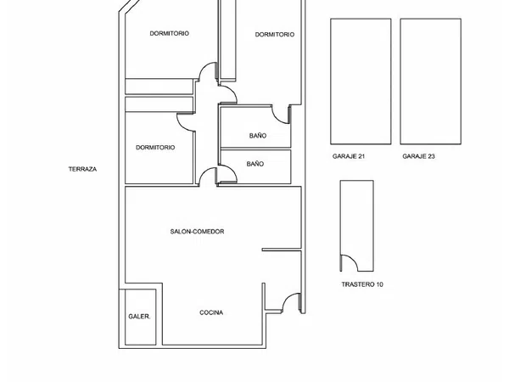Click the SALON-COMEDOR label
(x=197, y=232)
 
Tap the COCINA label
(x=211, y=312)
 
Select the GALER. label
(x=139, y=317)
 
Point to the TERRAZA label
(x=82, y=169)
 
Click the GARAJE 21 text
(x=349, y=156)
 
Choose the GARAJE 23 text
(x=419, y=156)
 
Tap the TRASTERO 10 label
(x=362, y=284)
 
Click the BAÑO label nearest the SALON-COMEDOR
(x=255, y=164)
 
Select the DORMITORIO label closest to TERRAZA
(x=155, y=148)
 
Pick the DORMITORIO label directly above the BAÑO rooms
(x=275, y=35)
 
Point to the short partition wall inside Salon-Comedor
(x=282, y=250)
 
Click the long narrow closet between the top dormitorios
(x=228, y=40)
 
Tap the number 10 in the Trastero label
(x=379, y=284)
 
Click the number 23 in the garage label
(x=431, y=156)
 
